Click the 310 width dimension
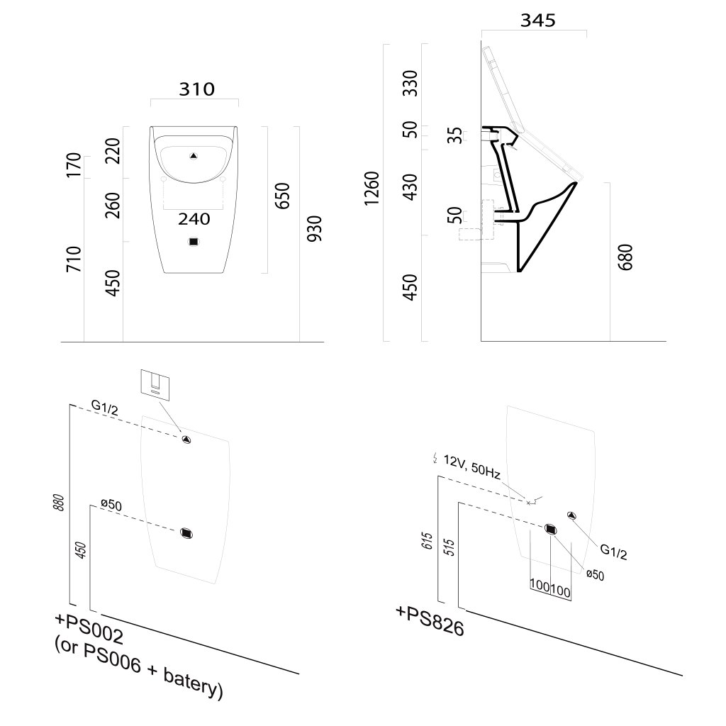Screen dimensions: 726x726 (x=195, y=89)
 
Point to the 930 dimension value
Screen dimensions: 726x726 (x=315, y=229)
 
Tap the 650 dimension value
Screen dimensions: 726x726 (x=282, y=196)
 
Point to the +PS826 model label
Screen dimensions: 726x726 (x=430, y=621)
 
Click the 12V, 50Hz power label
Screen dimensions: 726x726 (x=472, y=467)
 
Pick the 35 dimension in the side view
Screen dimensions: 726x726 (x=454, y=135)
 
